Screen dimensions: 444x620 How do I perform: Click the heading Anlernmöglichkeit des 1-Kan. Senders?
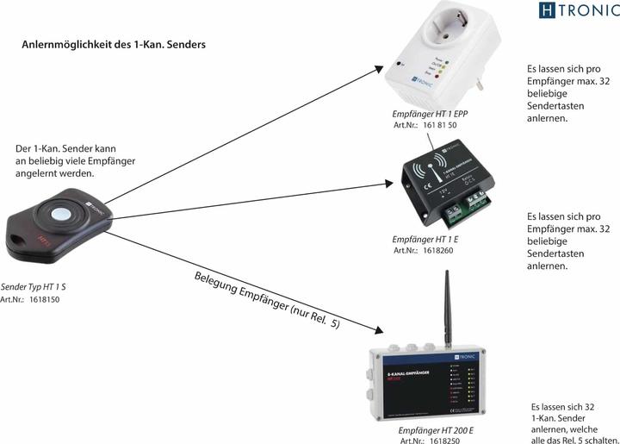pyautogui.click(x=114, y=44)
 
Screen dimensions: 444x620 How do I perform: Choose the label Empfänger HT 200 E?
pyautogui.click(x=436, y=428)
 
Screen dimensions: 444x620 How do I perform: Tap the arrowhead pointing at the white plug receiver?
pyautogui.click(x=385, y=67)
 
